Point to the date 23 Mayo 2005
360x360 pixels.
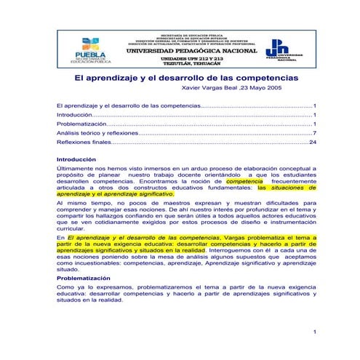click(276, 86)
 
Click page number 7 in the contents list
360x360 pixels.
click(313, 132)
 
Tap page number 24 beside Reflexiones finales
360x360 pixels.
click(312, 142)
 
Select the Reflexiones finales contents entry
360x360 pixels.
click(84, 142)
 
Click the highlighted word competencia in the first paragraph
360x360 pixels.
click(244, 181)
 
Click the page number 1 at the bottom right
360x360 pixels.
click(313, 332)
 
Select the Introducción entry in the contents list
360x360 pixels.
click(74, 114)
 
